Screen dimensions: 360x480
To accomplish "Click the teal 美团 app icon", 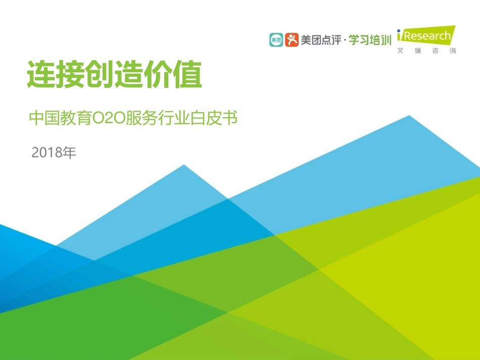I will pyautogui.click(x=276, y=40).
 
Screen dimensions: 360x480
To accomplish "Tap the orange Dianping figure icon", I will pyautogui.click(x=292, y=40).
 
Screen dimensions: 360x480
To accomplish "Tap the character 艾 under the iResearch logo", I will pyautogui.click(x=401, y=51).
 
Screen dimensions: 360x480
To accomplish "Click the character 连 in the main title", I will pyautogui.click(x=41, y=75).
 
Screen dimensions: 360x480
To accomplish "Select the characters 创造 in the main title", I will pyautogui.click(x=115, y=75).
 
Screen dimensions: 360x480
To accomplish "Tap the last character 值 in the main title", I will pyautogui.click(x=188, y=75).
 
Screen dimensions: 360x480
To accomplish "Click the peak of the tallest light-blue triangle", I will pyautogui.click(x=409, y=116).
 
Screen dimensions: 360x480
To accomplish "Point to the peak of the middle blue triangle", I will pyautogui.click(x=184, y=166).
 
